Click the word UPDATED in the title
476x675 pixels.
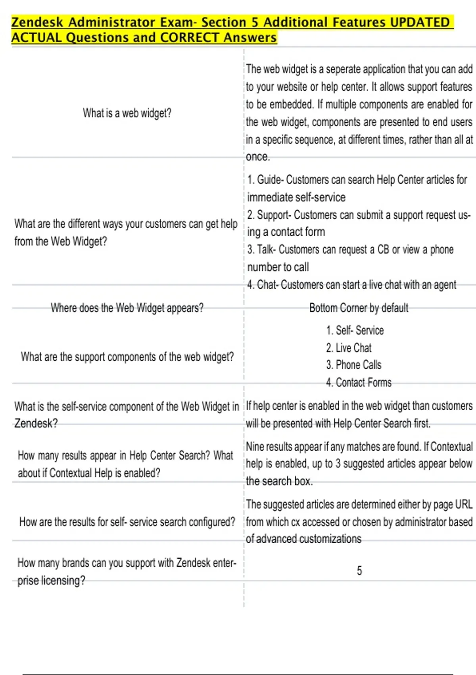[x=419, y=22]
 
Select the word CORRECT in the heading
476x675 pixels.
[x=190, y=38]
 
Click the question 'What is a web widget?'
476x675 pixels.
[x=127, y=113]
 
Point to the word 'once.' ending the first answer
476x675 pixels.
[x=258, y=157]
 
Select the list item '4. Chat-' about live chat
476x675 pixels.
[x=351, y=285]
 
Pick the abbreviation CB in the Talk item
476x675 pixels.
[x=383, y=250]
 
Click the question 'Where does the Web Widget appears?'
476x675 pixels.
[x=127, y=308]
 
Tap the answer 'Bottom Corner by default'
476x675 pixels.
[x=359, y=308]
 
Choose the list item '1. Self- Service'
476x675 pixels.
[x=355, y=330]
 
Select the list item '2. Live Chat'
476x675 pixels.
[x=349, y=348]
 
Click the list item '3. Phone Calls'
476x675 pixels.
[x=353, y=365]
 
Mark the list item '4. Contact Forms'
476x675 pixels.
[x=359, y=382]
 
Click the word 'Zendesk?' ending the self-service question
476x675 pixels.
[x=36, y=423]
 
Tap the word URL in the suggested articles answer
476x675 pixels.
[x=464, y=504]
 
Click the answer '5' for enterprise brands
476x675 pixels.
[x=359, y=571]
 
